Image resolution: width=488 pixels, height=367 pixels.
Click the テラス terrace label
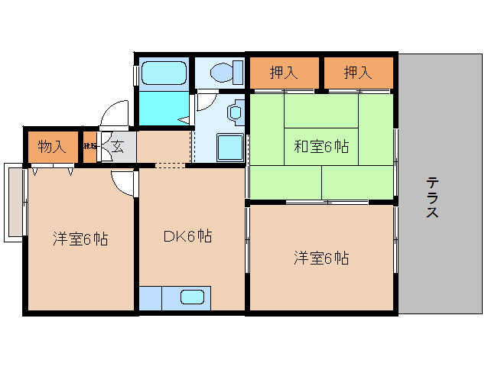[x=432, y=198]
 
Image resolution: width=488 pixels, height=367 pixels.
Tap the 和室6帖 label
[x=321, y=147]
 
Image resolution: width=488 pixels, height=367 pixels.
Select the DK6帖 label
[x=187, y=237]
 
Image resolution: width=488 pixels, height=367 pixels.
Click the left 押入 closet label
[x=284, y=73]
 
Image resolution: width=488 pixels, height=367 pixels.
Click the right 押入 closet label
[x=357, y=73]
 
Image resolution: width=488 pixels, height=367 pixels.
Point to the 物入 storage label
[x=51, y=146]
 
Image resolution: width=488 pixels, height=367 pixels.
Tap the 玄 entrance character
[x=118, y=146]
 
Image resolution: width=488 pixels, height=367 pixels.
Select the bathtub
[x=164, y=74]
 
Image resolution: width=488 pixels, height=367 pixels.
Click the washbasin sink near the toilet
[x=234, y=112]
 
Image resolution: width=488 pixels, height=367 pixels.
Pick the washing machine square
[x=229, y=146]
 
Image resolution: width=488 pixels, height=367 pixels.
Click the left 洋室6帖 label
[x=80, y=239]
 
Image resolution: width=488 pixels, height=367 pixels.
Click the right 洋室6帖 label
[x=321, y=258]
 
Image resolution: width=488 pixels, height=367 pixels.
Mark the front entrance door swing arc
[x=113, y=115]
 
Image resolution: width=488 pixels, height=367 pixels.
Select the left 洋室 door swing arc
[x=122, y=182]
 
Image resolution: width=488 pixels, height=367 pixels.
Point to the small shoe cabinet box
[x=90, y=146]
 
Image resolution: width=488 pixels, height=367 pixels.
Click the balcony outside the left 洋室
[x=15, y=202]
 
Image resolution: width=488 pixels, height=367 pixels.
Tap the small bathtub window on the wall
[x=136, y=74]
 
